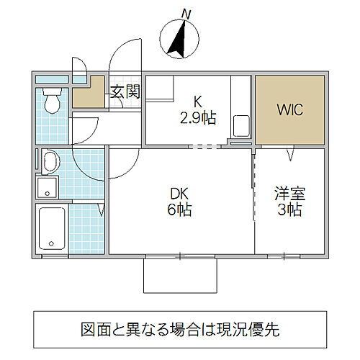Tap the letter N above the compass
pos(186,13)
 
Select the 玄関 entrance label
pos(124,91)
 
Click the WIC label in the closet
pos(289,110)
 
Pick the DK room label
pos(179,193)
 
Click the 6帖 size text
pos(179,210)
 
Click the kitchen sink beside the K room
pos(240,127)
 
